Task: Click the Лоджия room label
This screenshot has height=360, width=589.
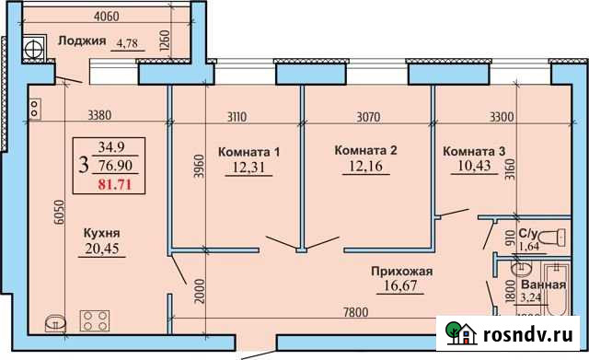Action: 80,41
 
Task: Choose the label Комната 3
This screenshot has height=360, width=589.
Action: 474,151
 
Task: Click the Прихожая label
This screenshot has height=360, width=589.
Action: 401,271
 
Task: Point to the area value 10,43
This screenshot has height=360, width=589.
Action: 475,167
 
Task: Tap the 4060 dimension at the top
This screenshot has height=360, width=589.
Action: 108,16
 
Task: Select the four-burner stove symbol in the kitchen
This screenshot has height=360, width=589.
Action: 96,321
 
